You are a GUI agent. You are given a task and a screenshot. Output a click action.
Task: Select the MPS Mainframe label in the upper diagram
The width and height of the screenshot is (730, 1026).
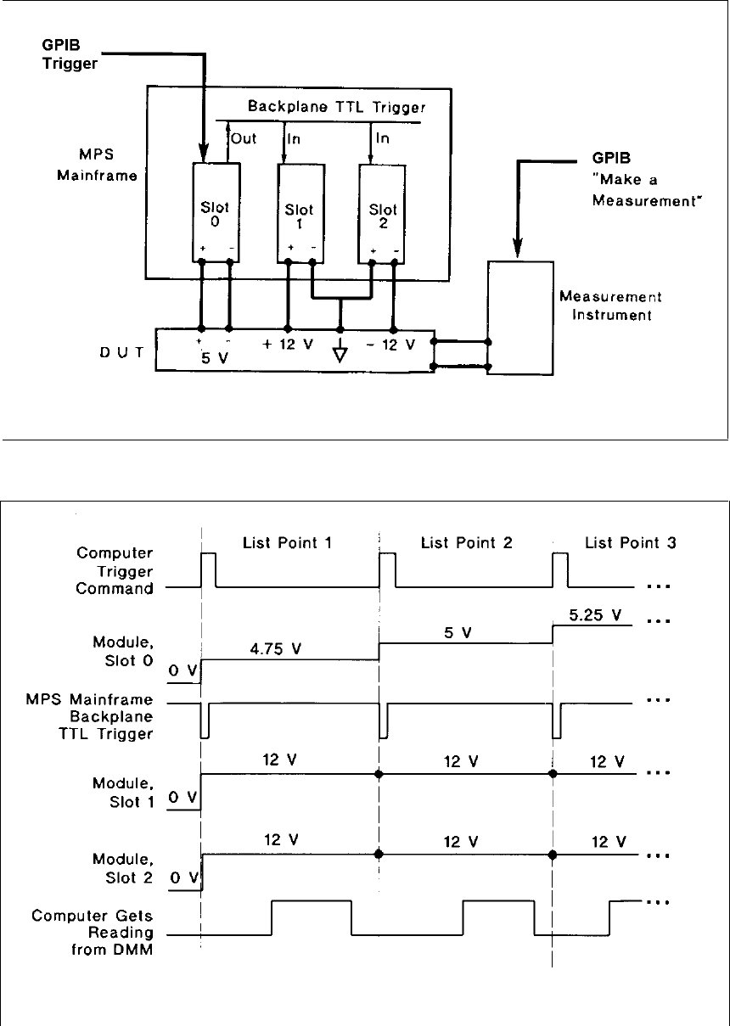click(x=104, y=165)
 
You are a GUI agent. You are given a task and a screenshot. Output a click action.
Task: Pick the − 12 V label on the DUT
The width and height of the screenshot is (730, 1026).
click(x=392, y=346)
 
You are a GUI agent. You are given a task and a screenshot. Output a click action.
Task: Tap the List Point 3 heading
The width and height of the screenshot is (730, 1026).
click(x=630, y=541)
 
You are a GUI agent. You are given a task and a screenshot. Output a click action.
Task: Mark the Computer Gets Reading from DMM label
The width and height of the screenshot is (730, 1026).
click(x=93, y=930)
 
